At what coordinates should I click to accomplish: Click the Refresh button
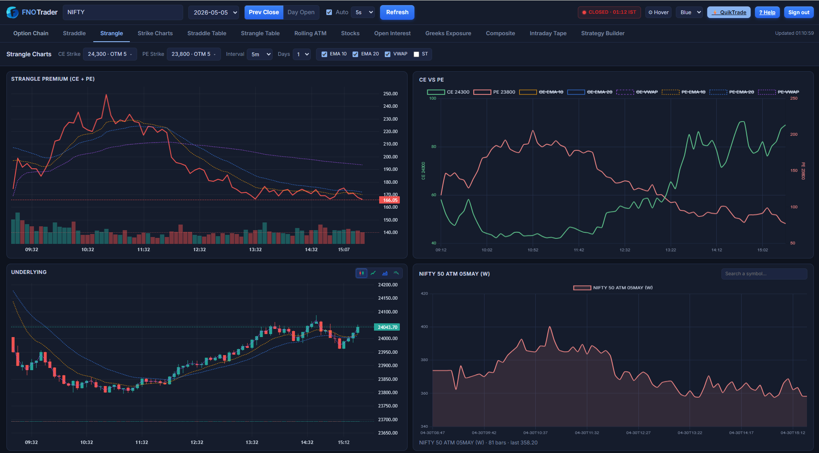(397, 12)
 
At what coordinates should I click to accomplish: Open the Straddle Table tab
(207, 33)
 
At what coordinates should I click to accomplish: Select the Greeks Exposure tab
(448, 33)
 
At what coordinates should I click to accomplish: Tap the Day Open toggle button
(301, 12)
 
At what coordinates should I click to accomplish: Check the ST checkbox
(416, 54)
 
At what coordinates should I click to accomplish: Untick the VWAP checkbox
(387, 54)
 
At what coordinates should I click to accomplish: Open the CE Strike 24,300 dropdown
(110, 54)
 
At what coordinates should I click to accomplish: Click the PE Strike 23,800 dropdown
(193, 54)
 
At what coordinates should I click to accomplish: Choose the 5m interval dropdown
(260, 54)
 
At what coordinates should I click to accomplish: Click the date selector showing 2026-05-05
(214, 12)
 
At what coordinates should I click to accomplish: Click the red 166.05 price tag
(390, 200)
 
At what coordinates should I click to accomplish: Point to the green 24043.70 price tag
(387, 327)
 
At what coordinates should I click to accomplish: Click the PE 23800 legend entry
(494, 92)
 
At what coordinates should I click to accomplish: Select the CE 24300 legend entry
(448, 92)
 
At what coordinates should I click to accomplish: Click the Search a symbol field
(764, 274)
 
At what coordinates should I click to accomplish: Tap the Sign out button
(799, 12)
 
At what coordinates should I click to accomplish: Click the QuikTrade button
(729, 12)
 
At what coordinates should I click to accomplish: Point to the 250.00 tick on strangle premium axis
(390, 94)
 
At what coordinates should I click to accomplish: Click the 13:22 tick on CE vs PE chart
(671, 250)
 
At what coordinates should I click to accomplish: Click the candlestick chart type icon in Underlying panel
(362, 273)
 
